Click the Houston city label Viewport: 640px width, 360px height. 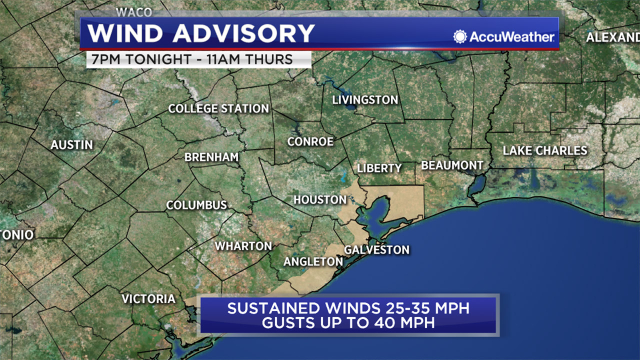(320, 200)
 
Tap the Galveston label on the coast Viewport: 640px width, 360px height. (377, 250)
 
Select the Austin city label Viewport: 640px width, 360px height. (72, 145)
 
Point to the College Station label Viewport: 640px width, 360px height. (218, 108)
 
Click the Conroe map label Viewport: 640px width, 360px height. (310, 142)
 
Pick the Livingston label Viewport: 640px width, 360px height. (365, 100)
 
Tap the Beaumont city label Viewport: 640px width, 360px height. (452, 165)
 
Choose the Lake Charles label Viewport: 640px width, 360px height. (545, 151)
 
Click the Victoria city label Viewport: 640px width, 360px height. (148, 299)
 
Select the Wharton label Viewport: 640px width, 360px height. (243, 246)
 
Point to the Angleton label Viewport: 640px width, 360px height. (313, 262)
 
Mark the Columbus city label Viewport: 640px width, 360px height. (196, 205)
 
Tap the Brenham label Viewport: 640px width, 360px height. (211, 157)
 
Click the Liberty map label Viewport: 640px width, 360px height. (379, 168)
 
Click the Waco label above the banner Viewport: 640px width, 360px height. (134, 12)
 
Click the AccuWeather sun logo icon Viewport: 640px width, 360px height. (460, 37)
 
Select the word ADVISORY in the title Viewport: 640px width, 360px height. (244, 33)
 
